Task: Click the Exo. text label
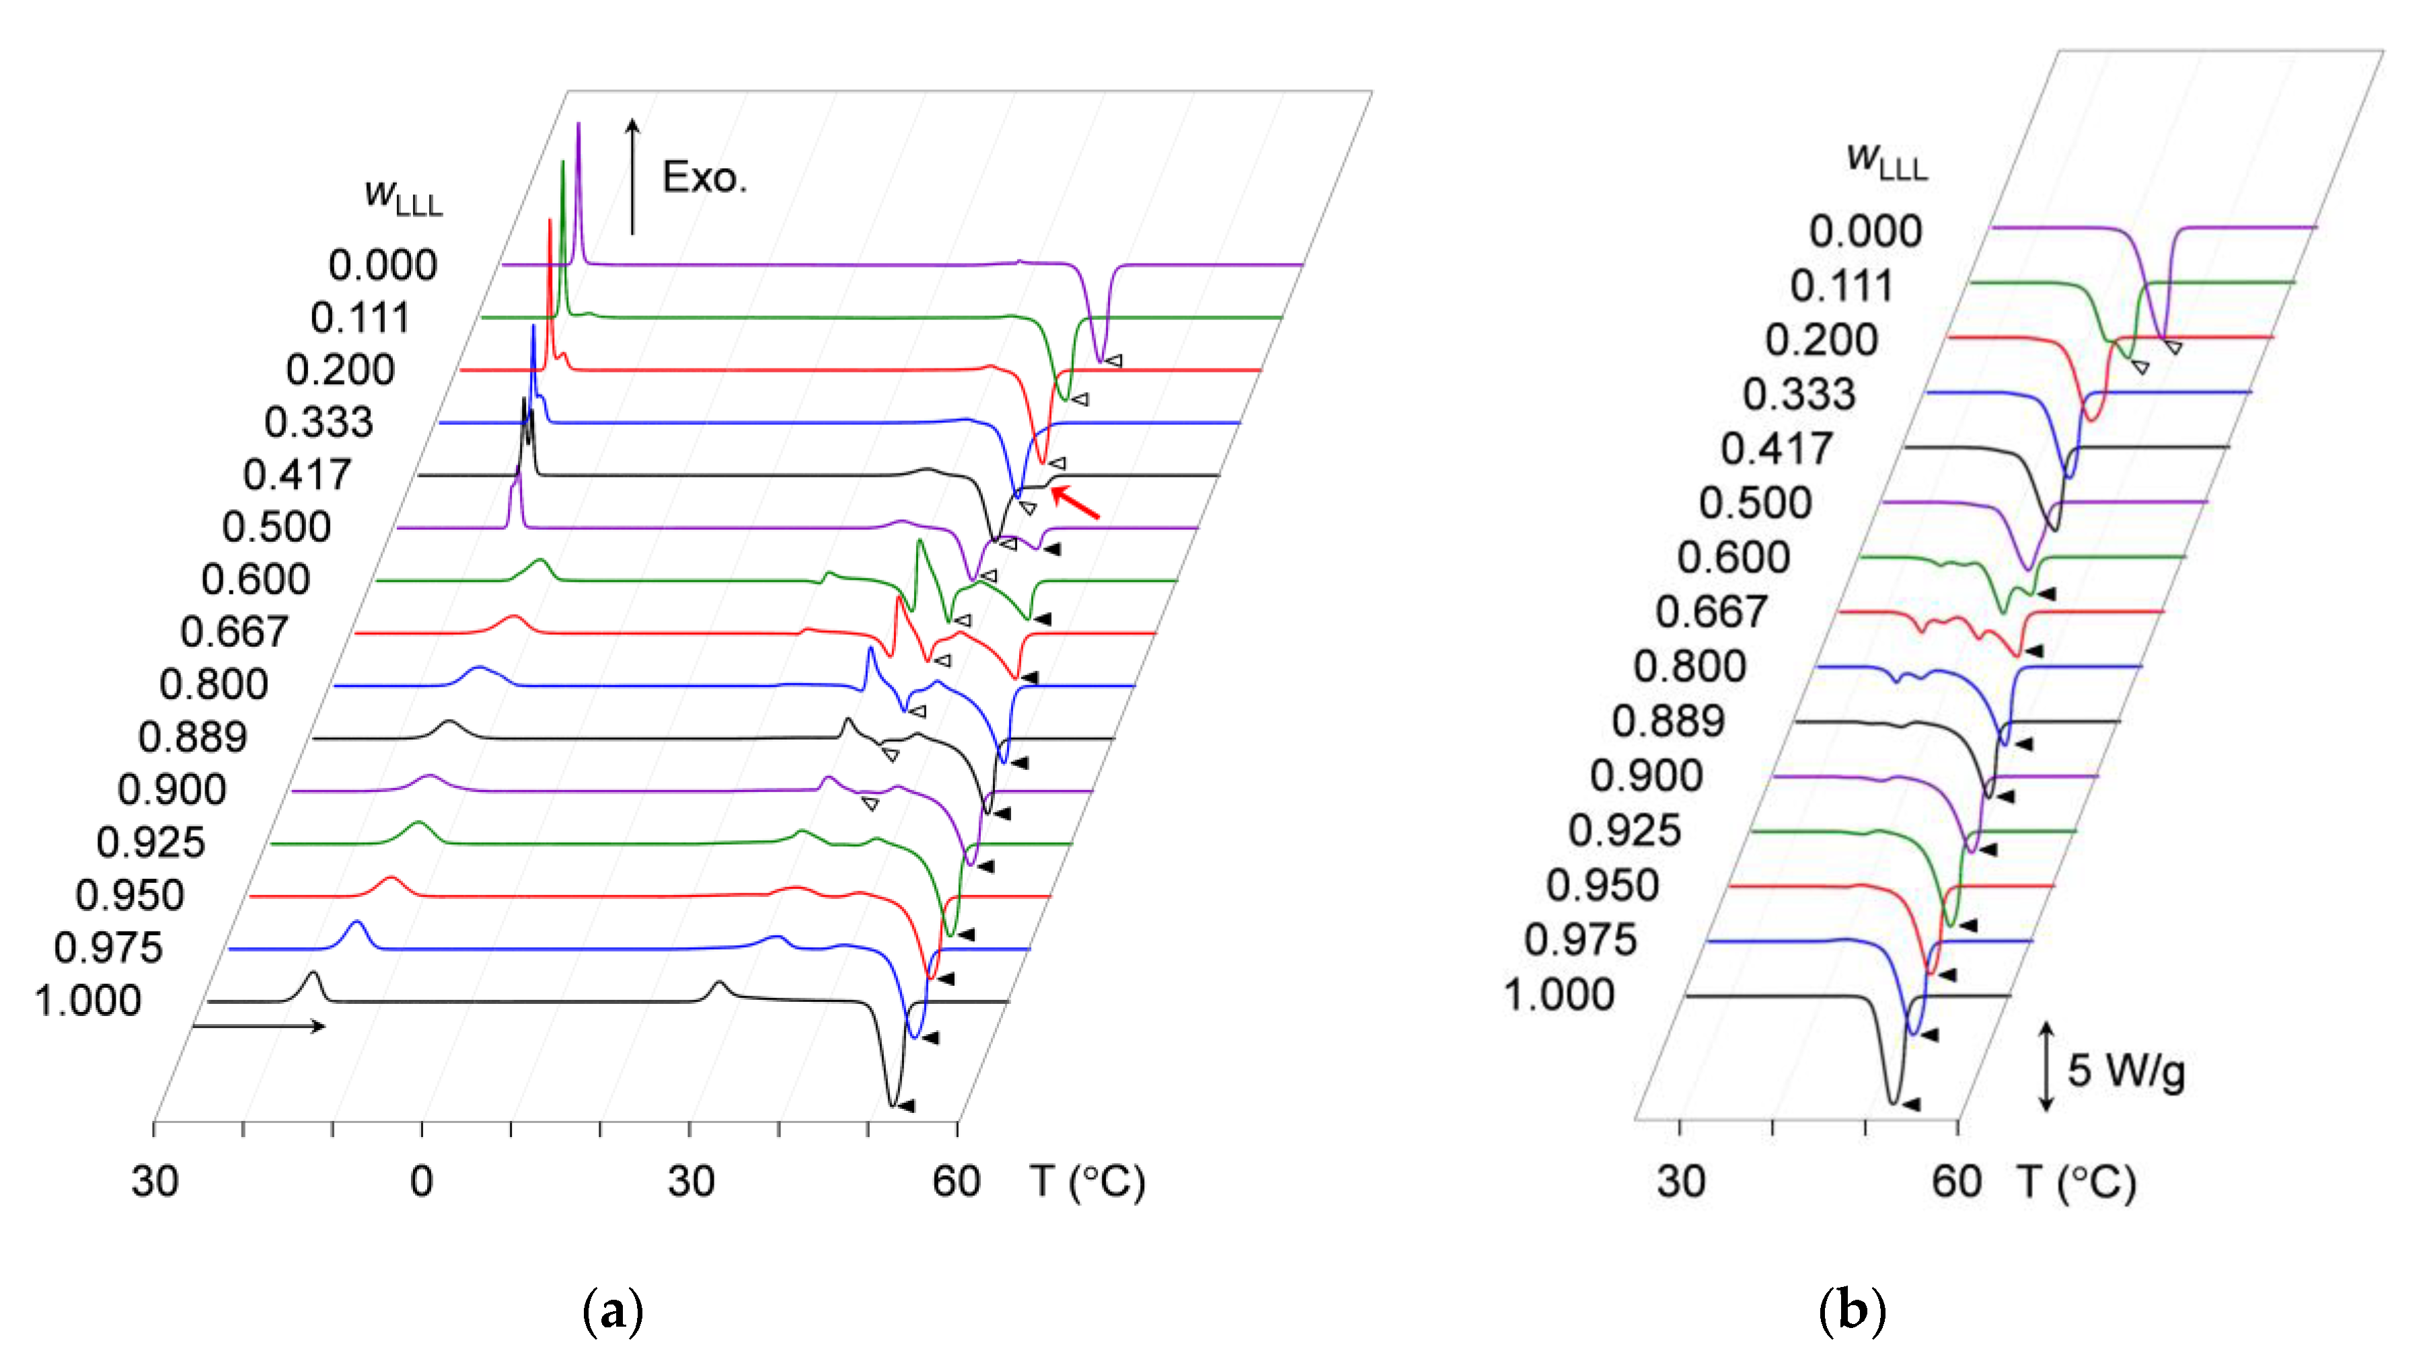tap(704, 178)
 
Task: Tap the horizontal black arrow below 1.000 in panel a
tap(258, 1025)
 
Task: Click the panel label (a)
tap(613, 1311)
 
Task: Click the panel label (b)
tap(1851, 1311)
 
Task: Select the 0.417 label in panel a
tap(297, 474)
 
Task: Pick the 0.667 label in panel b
tap(1711, 612)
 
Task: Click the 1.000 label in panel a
tap(87, 1000)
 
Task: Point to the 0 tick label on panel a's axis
tap(422, 1181)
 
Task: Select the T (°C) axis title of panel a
tap(1086, 1181)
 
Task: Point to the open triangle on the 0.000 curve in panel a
tap(1114, 360)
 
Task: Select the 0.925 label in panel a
tap(151, 842)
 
